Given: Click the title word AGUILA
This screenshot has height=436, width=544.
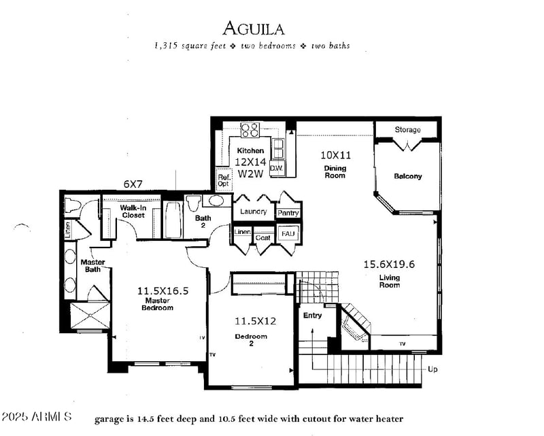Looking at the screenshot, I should pos(253,29).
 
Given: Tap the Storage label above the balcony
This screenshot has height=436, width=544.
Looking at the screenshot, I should pos(407,129).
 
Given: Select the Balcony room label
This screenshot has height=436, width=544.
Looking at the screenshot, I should pos(407,176).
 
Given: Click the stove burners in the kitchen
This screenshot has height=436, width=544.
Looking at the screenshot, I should pos(250,129).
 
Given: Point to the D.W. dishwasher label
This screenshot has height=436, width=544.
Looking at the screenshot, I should pos(276,167).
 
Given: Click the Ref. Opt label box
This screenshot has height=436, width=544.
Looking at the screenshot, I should pos(223,180).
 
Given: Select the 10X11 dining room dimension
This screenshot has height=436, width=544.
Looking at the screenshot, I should pos(334,154).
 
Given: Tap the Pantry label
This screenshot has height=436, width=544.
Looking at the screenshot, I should pos(288,213).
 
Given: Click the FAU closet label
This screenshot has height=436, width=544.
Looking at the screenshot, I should pos(288,234).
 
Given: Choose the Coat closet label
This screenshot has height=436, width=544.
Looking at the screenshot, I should pos(263,238).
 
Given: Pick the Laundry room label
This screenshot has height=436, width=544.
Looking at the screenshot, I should pos(254,212).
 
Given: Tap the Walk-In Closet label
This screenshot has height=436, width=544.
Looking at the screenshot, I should pos(133,211).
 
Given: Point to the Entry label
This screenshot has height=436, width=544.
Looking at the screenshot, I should pos(312,315).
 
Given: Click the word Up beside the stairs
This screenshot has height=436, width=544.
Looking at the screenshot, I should pos(432,369).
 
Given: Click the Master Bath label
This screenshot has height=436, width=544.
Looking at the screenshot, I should pos(92,266).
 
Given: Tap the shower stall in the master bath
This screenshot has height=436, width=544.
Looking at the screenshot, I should pos(90,315).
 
